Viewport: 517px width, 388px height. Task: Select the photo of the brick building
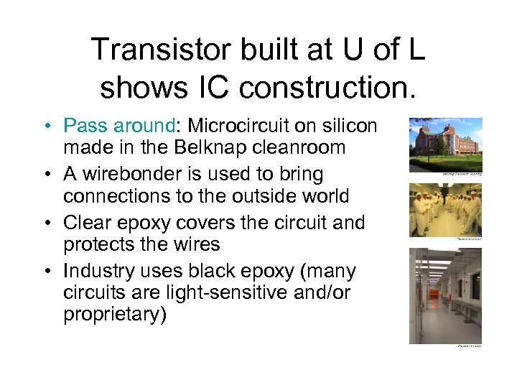point(444,144)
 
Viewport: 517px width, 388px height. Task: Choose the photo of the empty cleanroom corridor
point(444,295)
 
